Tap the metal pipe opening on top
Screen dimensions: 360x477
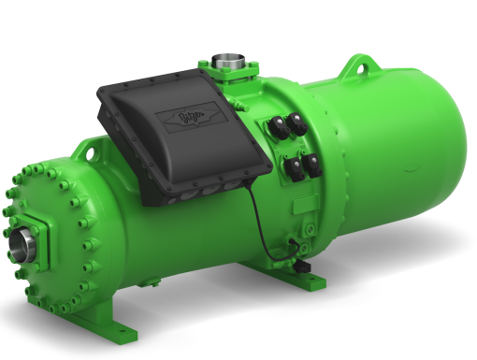pyautogui.click(x=226, y=63)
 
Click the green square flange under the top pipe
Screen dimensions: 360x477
pyautogui.click(x=226, y=75)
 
